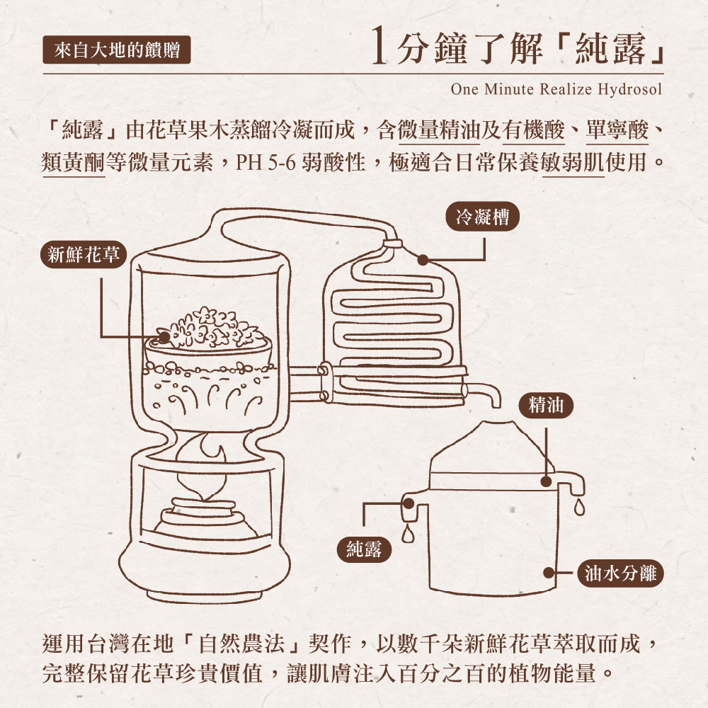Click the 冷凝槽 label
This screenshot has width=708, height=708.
482,217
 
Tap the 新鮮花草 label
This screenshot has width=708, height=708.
84,255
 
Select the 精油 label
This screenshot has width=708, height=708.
546,405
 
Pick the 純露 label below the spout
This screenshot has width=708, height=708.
364,549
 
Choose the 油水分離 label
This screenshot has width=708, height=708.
620,573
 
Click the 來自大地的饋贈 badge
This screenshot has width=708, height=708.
117,50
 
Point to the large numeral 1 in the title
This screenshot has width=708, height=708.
379,45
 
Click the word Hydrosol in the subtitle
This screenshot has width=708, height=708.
630,89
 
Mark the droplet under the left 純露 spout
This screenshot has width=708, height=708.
408,534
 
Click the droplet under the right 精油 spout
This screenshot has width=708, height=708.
579,507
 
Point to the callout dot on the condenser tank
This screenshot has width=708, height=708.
423,260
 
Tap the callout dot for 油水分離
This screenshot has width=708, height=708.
548,573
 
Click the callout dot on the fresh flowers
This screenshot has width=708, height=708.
164,337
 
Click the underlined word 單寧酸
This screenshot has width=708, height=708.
617,130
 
